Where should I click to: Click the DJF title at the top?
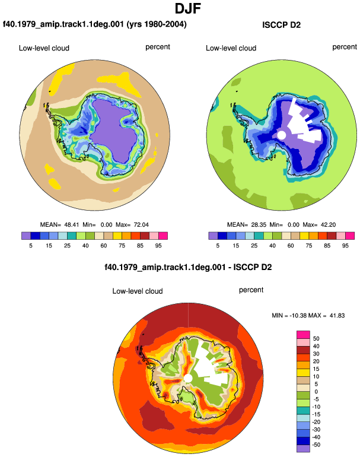point(188,8)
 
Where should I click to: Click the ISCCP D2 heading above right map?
point(281,25)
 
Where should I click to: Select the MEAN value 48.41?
point(72,225)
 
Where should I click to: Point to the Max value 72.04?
point(141,225)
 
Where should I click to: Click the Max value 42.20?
point(328,225)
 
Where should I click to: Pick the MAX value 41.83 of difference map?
point(337,315)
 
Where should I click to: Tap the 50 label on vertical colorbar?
point(316,339)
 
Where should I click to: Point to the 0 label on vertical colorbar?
point(316,392)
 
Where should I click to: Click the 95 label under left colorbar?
point(158,246)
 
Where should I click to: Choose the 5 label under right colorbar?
point(218,246)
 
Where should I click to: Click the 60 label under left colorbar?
point(103,246)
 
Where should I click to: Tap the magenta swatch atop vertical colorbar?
point(303,335)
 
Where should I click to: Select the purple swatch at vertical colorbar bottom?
point(303,449)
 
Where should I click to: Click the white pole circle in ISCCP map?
point(281,135)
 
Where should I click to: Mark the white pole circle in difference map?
point(188,379)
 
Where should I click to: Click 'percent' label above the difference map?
point(251,290)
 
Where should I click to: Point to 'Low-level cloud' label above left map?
point(44,48)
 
